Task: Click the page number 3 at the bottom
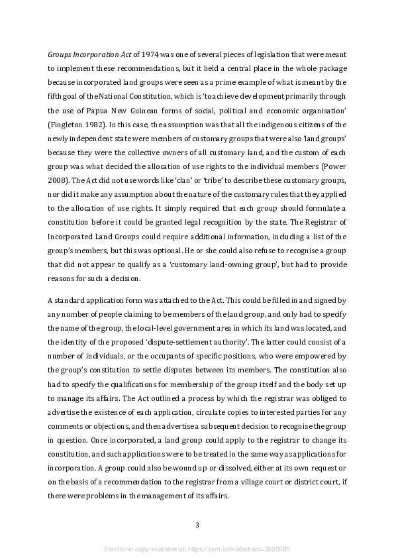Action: (x=197, y=526)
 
